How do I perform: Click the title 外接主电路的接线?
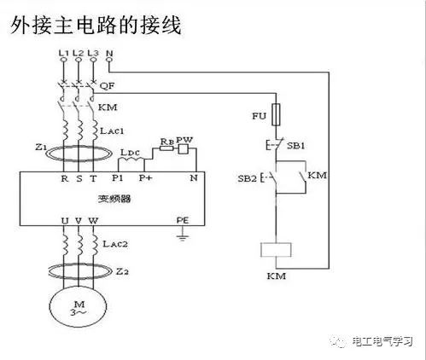(96, 26)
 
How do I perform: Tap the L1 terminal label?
(62, 53)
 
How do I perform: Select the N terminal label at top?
(109, 53)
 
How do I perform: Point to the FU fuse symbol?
(276, 112)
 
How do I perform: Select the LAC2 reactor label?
(112, 244)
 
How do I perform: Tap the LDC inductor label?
(131, 153)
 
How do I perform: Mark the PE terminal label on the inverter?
(181, 219)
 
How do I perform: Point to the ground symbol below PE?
(181, 235)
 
